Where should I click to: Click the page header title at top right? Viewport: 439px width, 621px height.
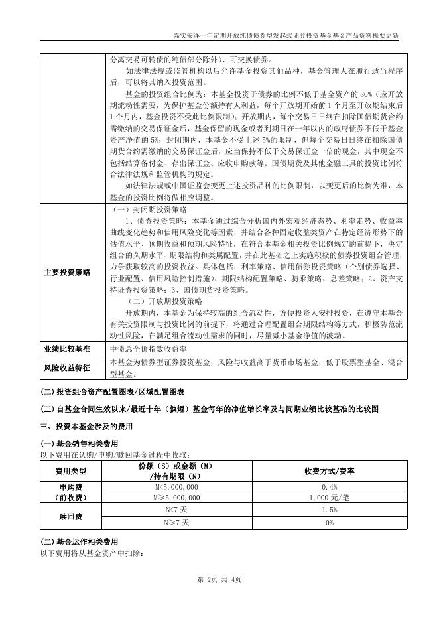(x=285, y=36)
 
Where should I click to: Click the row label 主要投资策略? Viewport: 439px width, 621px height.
(x=67, y=272)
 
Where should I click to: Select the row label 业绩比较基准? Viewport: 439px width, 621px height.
(x=67, y=348)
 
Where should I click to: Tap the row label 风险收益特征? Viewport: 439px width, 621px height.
(x=67, y=367)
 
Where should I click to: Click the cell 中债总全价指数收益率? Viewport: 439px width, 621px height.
(x=148, y=348)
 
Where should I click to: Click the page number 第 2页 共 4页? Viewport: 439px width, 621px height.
(x=219, y=581)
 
